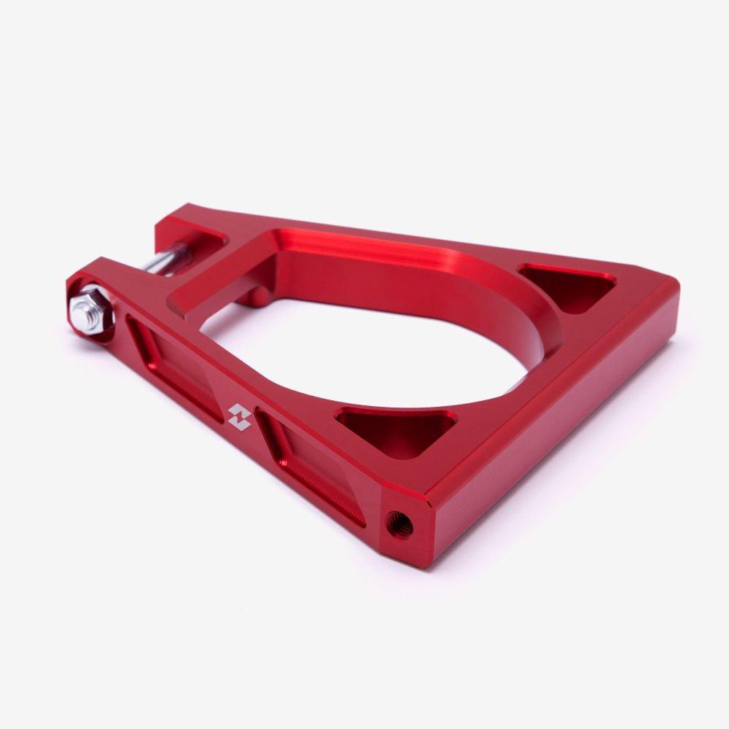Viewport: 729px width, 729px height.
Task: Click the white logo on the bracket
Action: pyautogui.click(x=238, y=416)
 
